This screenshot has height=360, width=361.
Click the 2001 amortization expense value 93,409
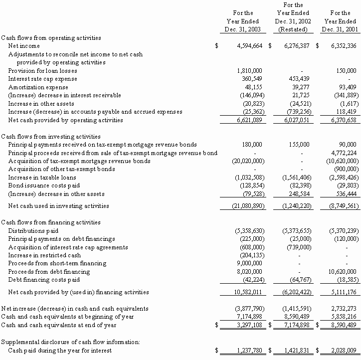point(347,87)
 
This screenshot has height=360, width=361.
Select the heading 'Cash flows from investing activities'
point(51,136)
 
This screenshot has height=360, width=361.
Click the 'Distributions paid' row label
point(33,231)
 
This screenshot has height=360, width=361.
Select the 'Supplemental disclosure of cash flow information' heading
point(70,342)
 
